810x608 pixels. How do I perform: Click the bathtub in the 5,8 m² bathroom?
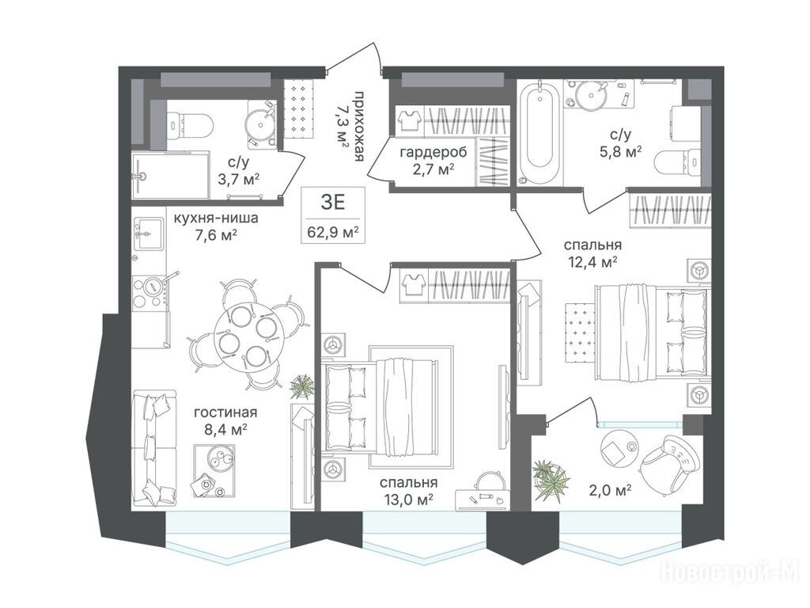click(x=538, y=132)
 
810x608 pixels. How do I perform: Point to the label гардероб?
click(x=433, y=152)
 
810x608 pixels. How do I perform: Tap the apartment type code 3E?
click(x=333, y=202)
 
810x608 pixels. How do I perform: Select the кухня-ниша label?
click(x=216, y=218)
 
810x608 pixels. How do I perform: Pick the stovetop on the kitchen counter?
click(x=150, y=294)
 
